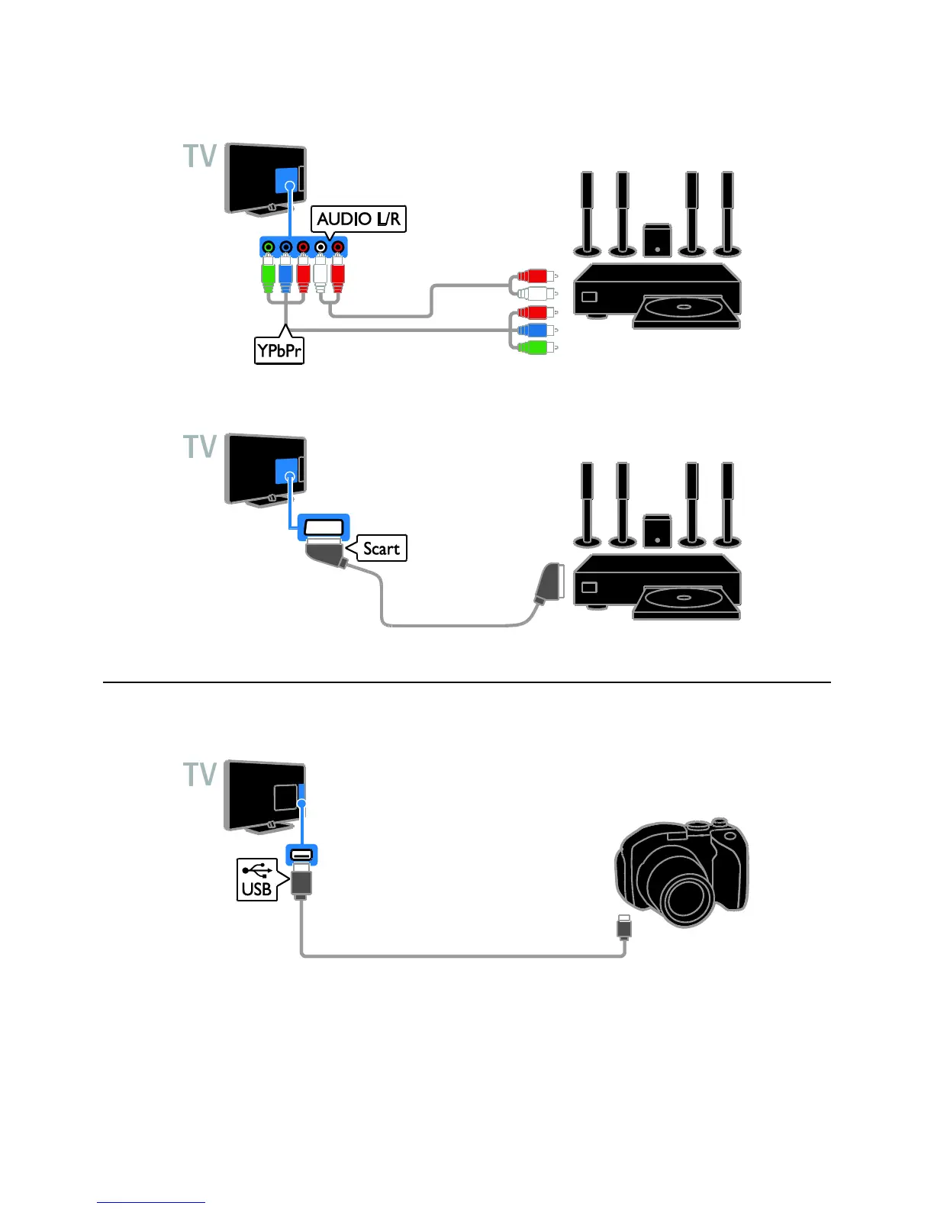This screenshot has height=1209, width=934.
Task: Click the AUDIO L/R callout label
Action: point(359,219)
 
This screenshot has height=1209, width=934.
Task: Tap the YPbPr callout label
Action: point(279,351)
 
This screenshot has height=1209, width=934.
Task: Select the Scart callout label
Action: point(381,548)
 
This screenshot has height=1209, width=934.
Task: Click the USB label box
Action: point(256,880)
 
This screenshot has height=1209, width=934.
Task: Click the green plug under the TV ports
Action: point(268,276)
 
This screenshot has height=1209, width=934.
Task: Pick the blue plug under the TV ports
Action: point(285,276)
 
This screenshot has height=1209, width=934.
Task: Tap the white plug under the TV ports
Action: point(320,276)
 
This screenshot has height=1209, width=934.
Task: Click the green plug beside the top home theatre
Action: point(534,347)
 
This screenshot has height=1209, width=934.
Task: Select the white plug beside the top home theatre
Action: point(534,293)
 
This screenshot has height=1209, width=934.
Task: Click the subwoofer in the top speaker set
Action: point(657,240)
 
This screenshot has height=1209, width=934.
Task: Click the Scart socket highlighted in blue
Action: point(323,527)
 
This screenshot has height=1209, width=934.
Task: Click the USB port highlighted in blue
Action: point(301,855)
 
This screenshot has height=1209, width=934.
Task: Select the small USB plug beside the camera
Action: point(624,925)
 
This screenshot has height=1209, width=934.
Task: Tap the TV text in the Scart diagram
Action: point(200,447)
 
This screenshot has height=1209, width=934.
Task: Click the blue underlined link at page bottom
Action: point(151,1203)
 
